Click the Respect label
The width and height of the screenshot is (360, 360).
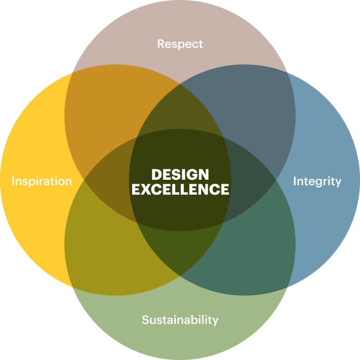(180, 44)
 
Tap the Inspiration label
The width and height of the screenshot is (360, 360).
(42, 181)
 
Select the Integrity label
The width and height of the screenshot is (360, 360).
(317, 181)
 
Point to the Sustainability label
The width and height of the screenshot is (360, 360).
(180, 320)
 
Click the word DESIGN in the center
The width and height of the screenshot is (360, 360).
(180, 174)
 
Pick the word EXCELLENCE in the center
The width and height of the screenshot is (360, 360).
(180, 189)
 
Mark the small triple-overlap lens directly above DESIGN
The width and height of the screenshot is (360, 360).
(180, 110)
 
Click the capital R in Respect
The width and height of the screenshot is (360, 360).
(161, 44)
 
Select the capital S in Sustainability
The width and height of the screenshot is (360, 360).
(145, 320)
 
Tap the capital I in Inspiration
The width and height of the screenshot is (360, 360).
(13, 181)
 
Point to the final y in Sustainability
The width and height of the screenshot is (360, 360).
(216, 321)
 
